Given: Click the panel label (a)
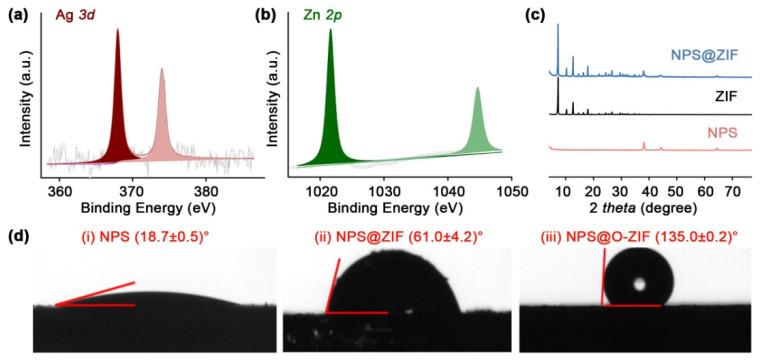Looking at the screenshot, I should click(x=19, y=16).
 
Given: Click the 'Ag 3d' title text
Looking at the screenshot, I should click(x=95, y=15).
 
